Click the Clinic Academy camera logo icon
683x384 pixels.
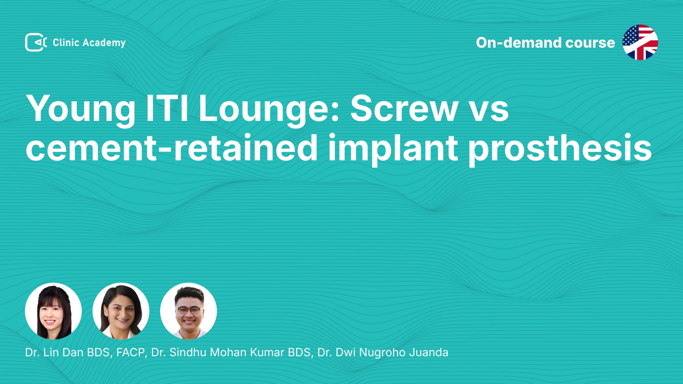point(36,42)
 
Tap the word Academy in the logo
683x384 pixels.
point(104,43)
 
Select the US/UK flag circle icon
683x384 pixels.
point(640,42)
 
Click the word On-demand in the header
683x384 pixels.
point(518,43)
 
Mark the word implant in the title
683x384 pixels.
point(393,149)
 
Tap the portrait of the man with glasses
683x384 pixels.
point(189,311)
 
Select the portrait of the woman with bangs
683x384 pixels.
point(53,311)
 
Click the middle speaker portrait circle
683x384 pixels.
point(121,311)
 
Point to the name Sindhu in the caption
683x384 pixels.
point(188,352)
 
